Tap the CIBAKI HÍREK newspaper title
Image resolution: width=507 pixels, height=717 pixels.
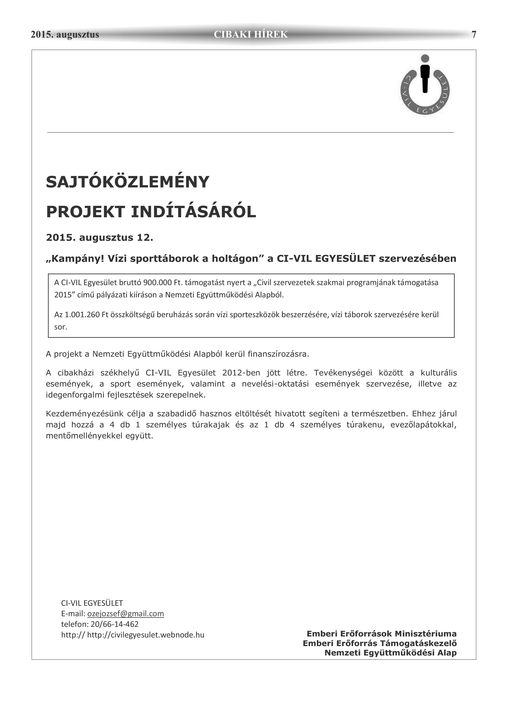coord(250,34)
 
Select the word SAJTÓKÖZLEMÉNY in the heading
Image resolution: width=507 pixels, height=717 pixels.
coord(127,182)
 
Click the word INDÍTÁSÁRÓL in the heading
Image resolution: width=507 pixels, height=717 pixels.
coord(193,212)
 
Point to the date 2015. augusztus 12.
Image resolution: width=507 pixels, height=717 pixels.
coord(100,238)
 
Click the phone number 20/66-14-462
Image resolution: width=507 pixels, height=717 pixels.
coord(114,624)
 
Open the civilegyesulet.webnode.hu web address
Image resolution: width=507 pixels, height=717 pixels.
coord(146,635)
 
